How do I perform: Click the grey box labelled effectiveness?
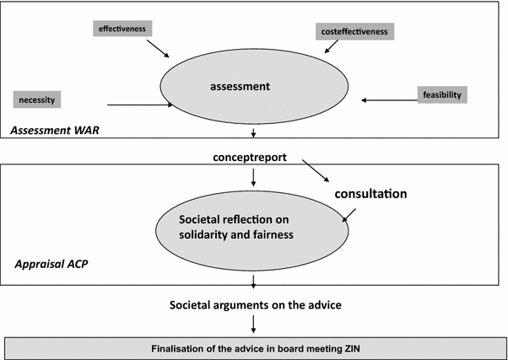(122, 29)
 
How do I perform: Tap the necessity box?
(37, 99)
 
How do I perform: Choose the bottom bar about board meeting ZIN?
(253, 347)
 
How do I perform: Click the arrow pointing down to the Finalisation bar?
(253, 324)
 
